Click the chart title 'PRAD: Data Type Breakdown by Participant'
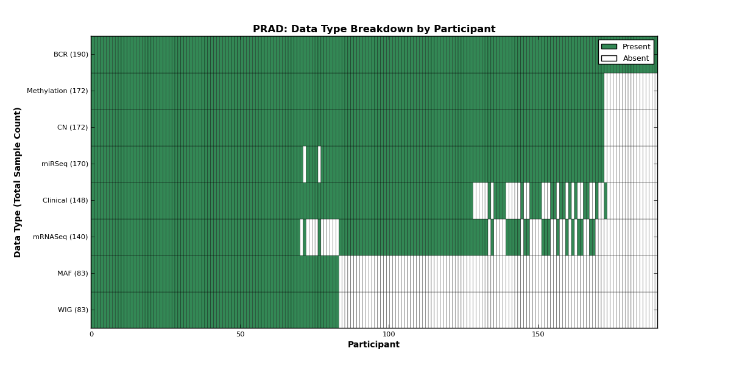pos(374,29)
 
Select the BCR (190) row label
pos(71,54)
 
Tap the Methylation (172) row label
pos(57,91)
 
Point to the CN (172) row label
pos(72,127)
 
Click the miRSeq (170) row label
pos(65,164)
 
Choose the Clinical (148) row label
pos(65,200)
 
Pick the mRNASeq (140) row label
pos(60,237)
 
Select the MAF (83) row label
pos(72,273)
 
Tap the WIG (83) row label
pos(72,310)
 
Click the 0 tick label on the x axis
pos(92,335)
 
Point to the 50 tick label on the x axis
pos(240,335)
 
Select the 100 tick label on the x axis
pos(389,335)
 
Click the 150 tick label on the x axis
pos(538,335)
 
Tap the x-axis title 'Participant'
pos(373,344)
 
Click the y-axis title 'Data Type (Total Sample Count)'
pos(17,182)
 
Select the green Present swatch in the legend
pos(609,47)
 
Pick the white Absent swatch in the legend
pos(609,58)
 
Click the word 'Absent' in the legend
pos(636,58)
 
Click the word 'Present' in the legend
pos(637,47)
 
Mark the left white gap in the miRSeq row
pos(305,164)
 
